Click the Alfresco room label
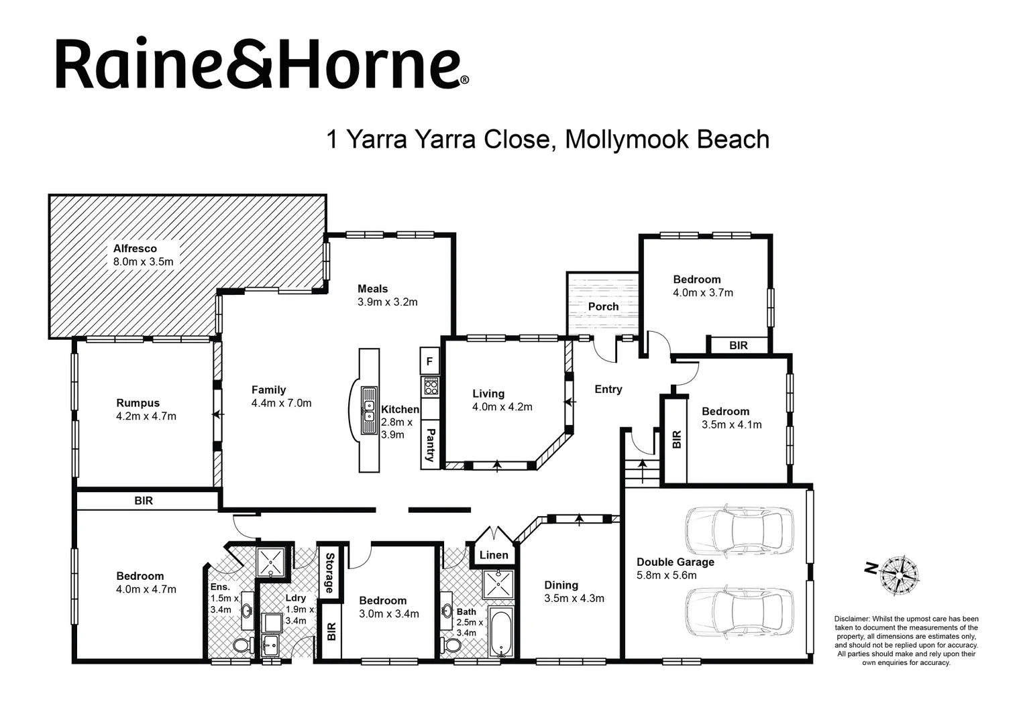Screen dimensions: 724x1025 pyautogui.click(x=135, y=249)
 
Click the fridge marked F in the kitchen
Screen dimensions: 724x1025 pyautogui.click(x=429, y=362)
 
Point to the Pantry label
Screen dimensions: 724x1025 pyautogui.click(x=430, y=446)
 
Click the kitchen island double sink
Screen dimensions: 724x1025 pyautogui.click(x=368, y=410)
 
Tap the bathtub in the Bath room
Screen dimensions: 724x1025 pyautogui.click(x=501, y=632)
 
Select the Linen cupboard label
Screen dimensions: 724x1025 pyautogui.click(x=494, y=555)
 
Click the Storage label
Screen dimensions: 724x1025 pyautogui.click(x=329, y=572)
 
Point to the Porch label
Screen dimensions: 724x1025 pyautogui.click(x=603, y=306)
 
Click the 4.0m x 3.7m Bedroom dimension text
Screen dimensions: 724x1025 pyautogui.click(x=702, y=293)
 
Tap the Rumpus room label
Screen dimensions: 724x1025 pyautogui.click(x=138, y=403)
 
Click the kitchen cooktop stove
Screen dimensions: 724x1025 pyautogui.click(x=430, y=386)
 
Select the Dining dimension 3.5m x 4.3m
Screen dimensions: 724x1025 pyautogui.click(x=574, y=599)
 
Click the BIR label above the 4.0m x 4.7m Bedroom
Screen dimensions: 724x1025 pyautogui.click(x=144, y=501)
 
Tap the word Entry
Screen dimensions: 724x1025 pyautogui.click(x=608, y=389)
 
